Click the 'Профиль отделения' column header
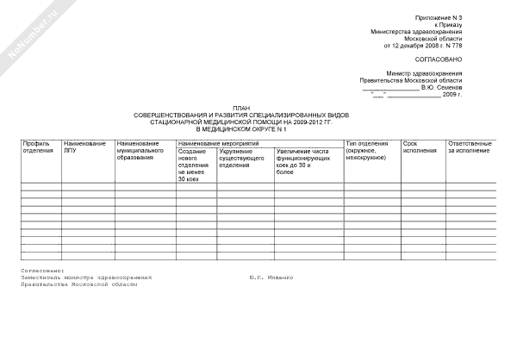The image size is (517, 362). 37,147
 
